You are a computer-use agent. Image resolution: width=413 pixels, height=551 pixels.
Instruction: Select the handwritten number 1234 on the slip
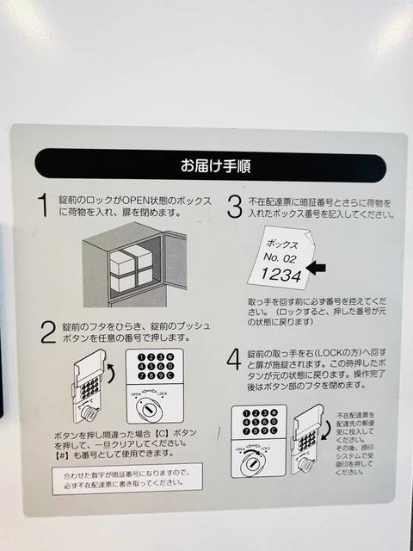pos(280,274)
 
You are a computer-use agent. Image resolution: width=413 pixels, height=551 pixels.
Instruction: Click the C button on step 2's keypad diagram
pos(171,375)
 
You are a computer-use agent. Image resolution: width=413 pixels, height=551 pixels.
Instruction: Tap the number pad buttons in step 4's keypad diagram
pos(256,423)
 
